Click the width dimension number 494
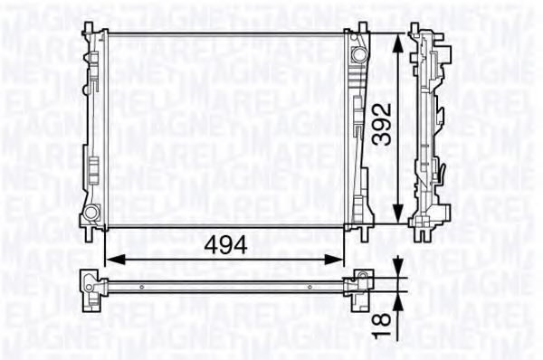225,245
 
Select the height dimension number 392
382,124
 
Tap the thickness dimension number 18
382,324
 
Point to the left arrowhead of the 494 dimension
115,260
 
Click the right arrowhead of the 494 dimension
333,260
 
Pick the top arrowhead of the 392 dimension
399,43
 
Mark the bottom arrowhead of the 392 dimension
399,213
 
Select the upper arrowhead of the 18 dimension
399,267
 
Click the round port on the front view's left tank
91,213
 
